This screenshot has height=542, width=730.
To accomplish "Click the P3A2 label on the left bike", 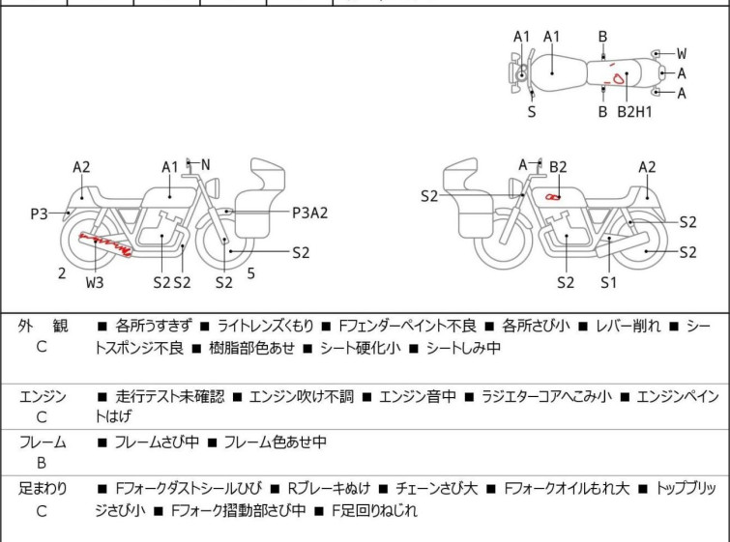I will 309,213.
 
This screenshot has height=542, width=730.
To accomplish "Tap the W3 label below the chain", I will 94,282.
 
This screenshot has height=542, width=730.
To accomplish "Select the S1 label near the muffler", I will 607,282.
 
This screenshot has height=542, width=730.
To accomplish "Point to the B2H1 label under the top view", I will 635,112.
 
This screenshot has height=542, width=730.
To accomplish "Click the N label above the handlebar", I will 205,164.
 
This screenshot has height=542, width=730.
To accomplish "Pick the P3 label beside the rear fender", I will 39,214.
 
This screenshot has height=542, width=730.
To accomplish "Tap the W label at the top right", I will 682,53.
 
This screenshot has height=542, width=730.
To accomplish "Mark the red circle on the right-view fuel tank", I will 552,197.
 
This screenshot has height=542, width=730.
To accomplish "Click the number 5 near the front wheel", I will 250,273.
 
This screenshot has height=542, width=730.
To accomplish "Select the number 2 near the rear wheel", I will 62,273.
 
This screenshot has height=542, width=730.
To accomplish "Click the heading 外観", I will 43,327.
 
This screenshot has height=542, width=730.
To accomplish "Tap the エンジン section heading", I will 43,396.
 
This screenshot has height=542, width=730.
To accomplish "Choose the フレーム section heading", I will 43,442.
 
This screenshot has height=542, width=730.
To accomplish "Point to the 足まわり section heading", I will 43,489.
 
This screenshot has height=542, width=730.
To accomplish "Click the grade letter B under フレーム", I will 42,464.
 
